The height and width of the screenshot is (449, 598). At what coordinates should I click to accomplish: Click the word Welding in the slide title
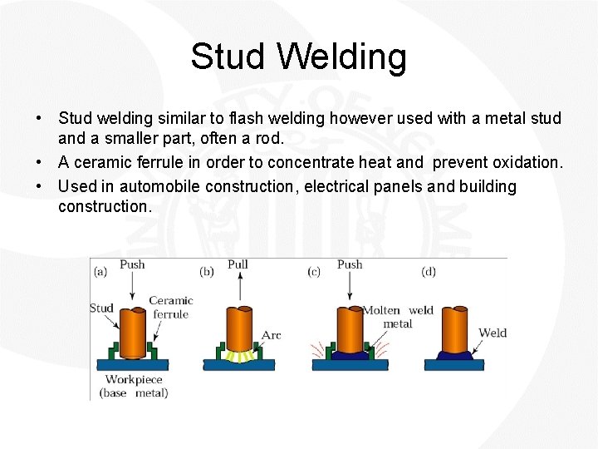click(x=342, y=57)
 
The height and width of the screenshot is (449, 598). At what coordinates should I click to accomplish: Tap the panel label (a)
click(x=100, y=271)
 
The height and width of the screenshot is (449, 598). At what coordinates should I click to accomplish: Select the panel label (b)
click(x=208, y=271)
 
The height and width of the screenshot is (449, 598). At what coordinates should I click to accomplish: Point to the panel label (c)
click(x=314, y=271)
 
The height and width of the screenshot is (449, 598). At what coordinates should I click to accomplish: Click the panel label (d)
click(x=429, y=271)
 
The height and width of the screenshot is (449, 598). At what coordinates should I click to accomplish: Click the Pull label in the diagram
click(x=238, y=264)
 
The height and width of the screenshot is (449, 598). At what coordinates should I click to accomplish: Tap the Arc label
click(x=271, y=335)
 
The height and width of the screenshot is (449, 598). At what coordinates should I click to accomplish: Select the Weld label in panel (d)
click(x=493, y=333)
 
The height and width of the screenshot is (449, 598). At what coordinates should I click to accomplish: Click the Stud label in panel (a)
click(x=101, y=308)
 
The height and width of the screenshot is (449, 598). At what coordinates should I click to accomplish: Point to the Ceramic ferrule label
click(x=170, y=307)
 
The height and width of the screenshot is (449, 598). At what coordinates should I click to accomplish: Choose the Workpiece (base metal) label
click(x=134, y=386)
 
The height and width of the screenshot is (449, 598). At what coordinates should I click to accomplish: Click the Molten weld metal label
click(x=398, y=317)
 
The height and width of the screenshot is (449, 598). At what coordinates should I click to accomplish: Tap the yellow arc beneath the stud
click(x=240, y=356)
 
